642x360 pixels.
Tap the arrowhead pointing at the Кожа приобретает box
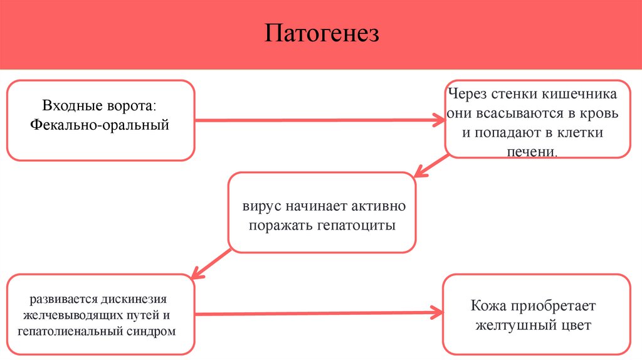click(x=437, y=311)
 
